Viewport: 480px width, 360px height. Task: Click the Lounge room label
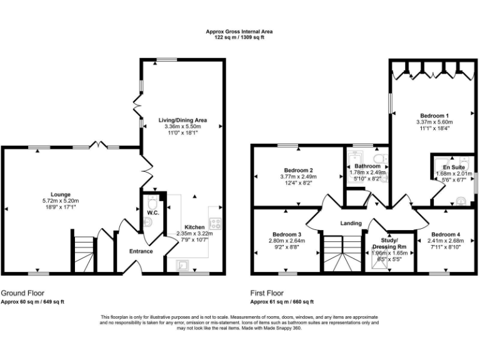(x=61, y=194)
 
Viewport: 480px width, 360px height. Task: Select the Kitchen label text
(x=194, y=227)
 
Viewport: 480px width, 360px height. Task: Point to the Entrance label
(x=141, y=251)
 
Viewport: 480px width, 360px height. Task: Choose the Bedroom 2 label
(x=298, y=170)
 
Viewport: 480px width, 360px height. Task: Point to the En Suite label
(x=454, y=167)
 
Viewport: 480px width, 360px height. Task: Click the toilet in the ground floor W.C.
(x=151, y=203)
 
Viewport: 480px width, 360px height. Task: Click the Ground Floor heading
(x=22, y=292)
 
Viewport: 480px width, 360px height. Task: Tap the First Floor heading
(x=267, y=292)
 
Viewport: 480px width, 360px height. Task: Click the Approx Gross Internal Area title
(x=239, y=31)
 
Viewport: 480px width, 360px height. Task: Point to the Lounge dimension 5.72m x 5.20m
(x=61, y=201)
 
